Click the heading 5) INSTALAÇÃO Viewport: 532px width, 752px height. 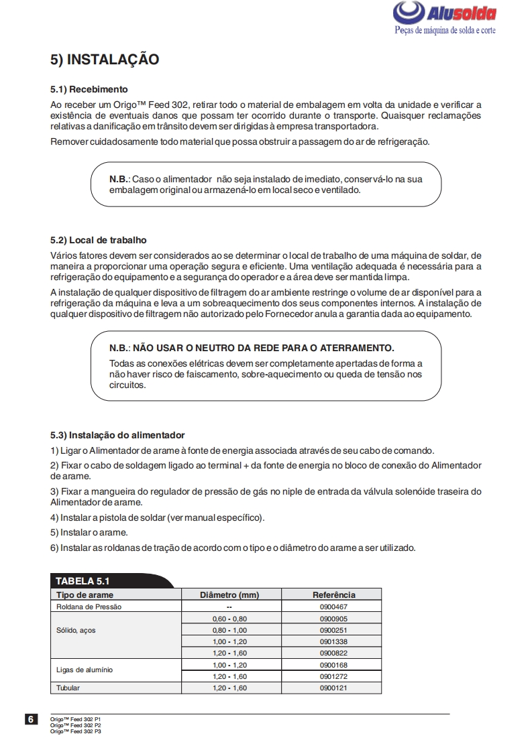coord(105,60)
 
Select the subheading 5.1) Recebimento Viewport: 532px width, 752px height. coord(89,89)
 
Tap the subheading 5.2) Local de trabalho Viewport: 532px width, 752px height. coord(98,240)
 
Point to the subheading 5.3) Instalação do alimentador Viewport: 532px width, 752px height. coord(117,435)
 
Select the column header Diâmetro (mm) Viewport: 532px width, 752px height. coord(229,594)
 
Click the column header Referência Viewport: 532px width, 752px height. coord(333,594)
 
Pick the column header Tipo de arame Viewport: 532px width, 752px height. coord(85,594)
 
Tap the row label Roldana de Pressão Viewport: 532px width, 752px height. coord(89,607)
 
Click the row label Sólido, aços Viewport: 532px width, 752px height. coord(76,630)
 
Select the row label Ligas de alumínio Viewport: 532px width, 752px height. coord(85,670)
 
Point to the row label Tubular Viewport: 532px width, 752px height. coord(68,688)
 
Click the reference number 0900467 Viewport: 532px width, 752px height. coord(333,607)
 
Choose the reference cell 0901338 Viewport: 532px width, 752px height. coord(333,641)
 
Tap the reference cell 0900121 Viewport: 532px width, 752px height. coord(333,688)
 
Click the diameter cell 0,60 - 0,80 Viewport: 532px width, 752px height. coord(229,619)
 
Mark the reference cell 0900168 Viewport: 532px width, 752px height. coord(333,665)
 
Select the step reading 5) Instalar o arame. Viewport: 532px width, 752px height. coord(89,532)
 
